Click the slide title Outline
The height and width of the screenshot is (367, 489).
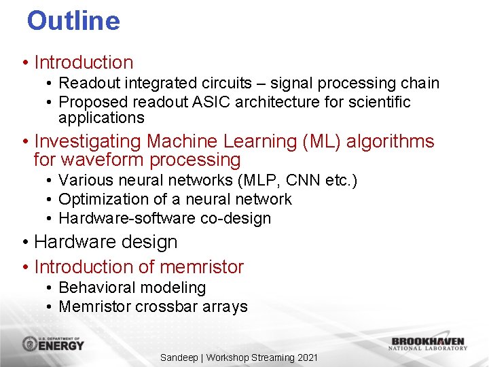(73, 20)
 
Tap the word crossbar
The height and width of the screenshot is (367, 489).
(163, 307)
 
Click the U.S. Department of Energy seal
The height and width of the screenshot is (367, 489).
(31, 344)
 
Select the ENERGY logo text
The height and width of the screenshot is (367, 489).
(62, 345)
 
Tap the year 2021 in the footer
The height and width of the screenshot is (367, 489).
(307, 357)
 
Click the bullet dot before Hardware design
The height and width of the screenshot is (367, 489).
(24, 243)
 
